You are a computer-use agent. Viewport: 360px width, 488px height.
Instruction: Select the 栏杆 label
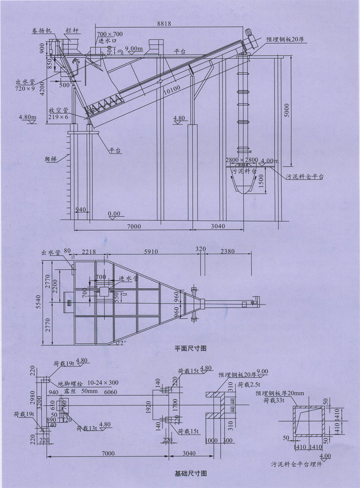pos(72,31)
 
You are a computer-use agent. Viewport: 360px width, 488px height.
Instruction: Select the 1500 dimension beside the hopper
pos(262,179)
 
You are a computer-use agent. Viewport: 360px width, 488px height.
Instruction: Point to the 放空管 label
pos(56,110)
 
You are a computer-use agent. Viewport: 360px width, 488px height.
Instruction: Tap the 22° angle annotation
pos(120,343)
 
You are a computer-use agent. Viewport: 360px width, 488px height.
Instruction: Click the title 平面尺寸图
pos(191,348)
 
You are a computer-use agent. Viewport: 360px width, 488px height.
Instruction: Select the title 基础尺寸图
pos(191,472)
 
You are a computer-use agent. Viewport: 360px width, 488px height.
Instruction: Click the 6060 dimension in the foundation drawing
pos(111,392)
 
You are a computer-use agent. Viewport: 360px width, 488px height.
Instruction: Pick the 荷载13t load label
pos(86,427)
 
